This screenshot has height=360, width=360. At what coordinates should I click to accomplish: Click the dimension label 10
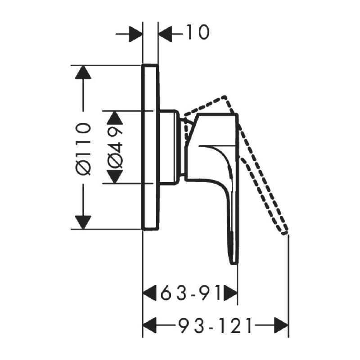click(x=198, y=32)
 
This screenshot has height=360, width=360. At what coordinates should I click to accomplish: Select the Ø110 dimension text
click(x=83, y=150)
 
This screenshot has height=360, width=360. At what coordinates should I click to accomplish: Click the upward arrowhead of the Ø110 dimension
click(x=83, y=72)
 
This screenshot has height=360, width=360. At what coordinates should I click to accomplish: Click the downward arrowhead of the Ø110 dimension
click(x=83, y=222)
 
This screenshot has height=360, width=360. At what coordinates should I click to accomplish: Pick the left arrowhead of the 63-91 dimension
click(x=150, y=293)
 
